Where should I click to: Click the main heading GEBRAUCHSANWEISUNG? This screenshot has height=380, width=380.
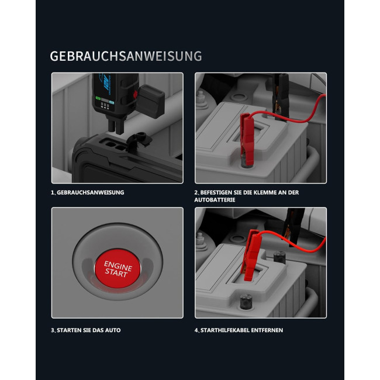coord(126,56)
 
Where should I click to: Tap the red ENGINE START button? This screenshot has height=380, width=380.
coord(118,268)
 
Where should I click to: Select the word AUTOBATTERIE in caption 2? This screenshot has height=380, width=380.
coord(215,200)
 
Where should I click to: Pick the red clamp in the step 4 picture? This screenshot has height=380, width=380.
coord(252,254)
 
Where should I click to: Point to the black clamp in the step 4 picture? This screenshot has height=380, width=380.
coord(293,227)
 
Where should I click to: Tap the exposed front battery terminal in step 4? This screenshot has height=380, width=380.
coord(246,302)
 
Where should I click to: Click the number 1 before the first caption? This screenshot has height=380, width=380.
coord(53,192)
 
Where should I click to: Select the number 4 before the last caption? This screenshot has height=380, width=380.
coord(196,330)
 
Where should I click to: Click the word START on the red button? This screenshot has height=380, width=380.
coord(116,273)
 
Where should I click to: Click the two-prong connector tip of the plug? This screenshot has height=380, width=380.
coord(116,126)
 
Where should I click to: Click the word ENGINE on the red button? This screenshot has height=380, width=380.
coord(118,265)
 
